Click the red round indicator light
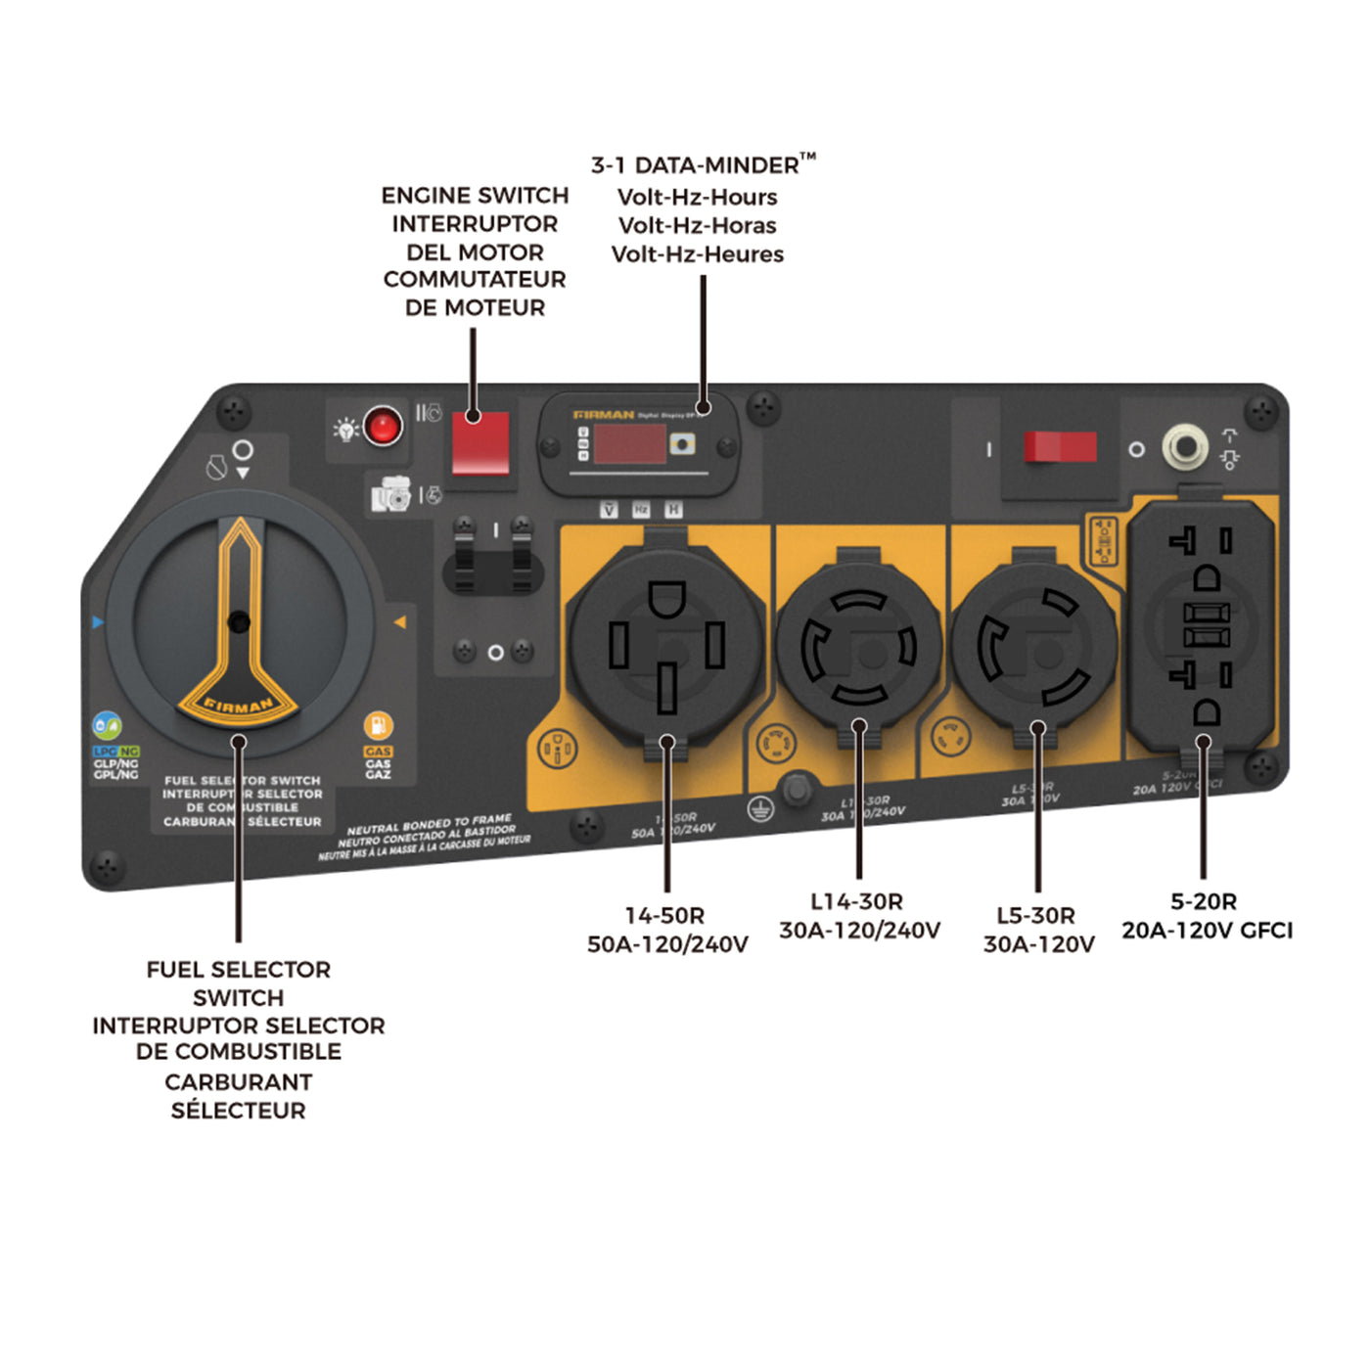coord(382,427)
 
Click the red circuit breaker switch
coord(1060,447)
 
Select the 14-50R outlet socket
coord(666,646)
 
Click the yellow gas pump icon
coord(378,726)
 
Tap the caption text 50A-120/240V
coord(667,944)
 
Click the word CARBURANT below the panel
coord(238,1082)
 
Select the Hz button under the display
coord(641,510)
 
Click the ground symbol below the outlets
coord(760,809)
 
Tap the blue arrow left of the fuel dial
coord(97,622)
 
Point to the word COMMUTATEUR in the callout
coord(475,280)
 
